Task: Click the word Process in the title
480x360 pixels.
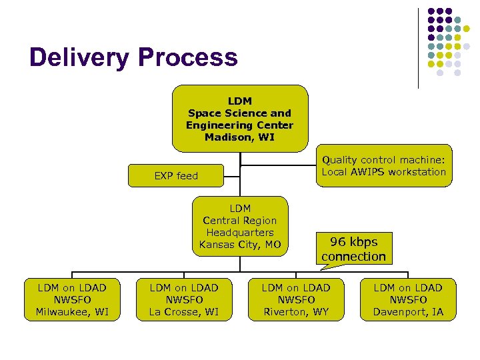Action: [187, 58]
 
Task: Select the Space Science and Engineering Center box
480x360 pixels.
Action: [240, 119]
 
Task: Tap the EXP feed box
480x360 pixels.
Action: [176, 176]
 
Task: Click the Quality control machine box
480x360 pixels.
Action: [383, 165]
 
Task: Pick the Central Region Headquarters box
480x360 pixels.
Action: [240, 226]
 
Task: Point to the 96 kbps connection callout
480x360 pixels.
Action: [353, 249]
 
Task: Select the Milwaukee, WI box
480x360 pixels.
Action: [72, 299]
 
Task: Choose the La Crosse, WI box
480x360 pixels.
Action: [183, 299]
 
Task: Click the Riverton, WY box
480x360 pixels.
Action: [295, 299]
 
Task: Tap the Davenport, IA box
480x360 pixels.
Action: [407, 299]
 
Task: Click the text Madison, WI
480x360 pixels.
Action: [239, 137]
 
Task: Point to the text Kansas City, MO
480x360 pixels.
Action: [240, 245]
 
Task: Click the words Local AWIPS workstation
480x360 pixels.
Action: [383, 172]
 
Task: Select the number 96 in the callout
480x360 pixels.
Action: [338, 242]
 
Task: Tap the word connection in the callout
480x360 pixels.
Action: [353, 257]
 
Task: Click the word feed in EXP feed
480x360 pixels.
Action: [187, 176]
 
